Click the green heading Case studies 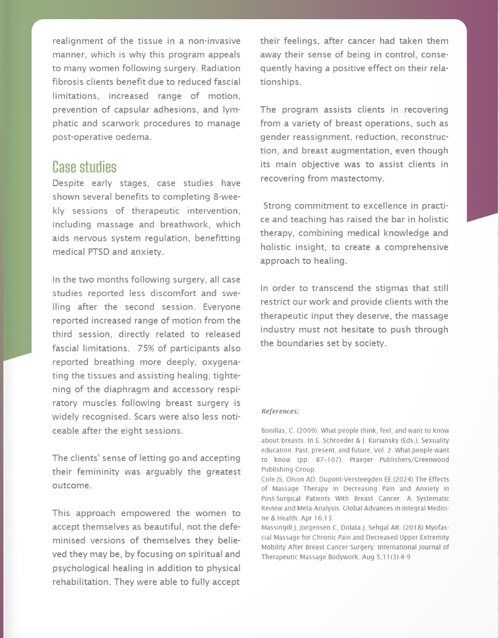pos(84,167)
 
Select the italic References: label pos(280,411)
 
